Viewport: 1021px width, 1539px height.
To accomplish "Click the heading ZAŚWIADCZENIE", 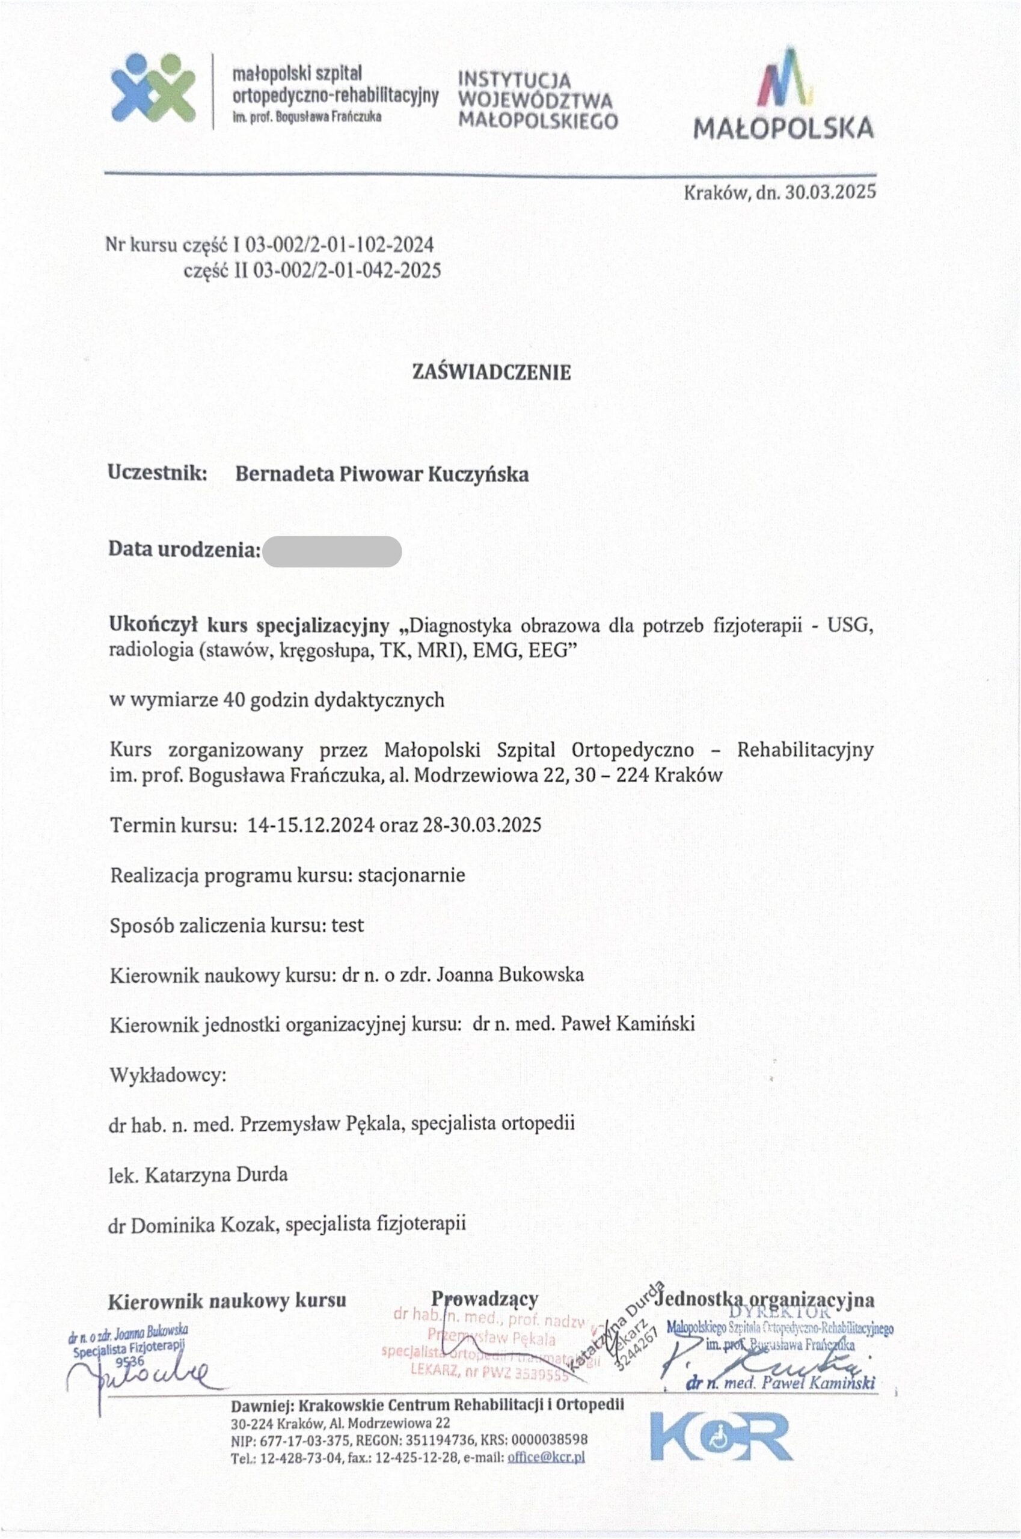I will point(492,372).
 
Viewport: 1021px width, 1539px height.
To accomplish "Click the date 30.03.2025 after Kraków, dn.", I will point(830,192).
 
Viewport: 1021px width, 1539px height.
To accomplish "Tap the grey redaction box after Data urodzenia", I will point(332,551).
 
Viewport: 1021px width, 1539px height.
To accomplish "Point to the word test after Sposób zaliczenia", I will point(347,925).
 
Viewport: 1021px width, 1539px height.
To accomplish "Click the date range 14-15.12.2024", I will point(311,825).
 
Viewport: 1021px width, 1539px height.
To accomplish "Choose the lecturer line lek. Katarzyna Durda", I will point(198,1175).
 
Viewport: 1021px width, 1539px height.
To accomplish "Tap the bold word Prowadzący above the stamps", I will point(485,1299).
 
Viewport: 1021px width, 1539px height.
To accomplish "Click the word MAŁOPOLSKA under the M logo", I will point(783,128).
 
